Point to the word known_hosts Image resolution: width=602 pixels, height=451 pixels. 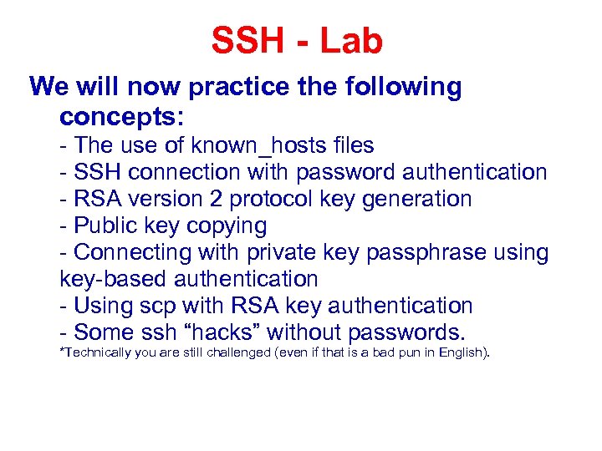264,145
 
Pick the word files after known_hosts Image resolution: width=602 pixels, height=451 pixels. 352,145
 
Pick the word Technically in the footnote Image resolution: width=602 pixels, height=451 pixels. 92,352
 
